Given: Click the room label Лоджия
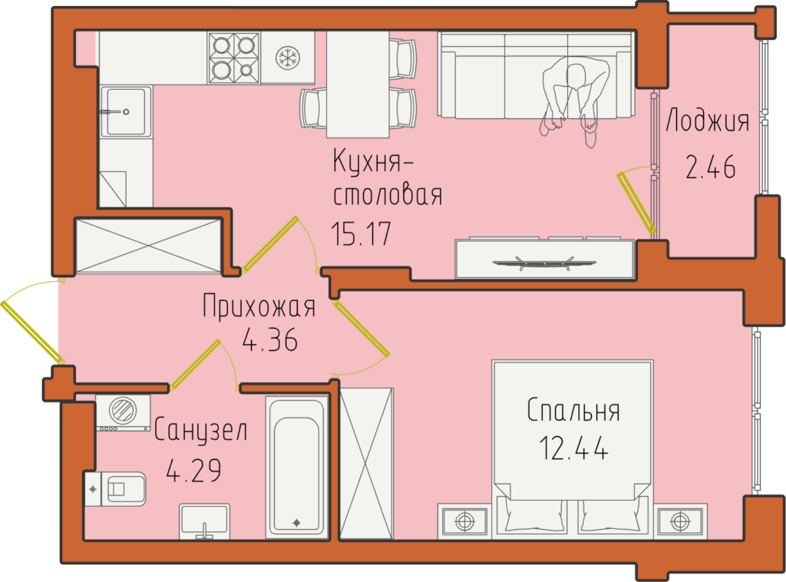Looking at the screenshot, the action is [x=707, y=121].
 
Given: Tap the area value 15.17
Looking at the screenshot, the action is [x=361, y=234].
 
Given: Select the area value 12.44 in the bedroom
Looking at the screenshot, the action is [x=574, y=448].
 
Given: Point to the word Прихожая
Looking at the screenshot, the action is [x=259, y=306].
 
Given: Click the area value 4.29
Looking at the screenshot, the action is [x=193, y=471].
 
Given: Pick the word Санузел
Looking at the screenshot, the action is [x=200, y=430].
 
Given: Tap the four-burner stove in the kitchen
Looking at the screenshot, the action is [x=233, y=57].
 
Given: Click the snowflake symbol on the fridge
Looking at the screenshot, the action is [x=288, y=57].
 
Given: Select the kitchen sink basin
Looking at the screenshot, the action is [x=126, y=112].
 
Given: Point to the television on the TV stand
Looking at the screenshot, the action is [x=544, y=263].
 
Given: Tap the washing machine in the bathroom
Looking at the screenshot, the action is [x=123, y=412].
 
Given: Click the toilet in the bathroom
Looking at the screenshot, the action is [x=115, y=488].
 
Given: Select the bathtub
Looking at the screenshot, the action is [x=296, y=466].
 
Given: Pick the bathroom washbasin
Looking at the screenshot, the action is [x=204, y=521].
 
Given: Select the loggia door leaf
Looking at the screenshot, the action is [x=636, y=203].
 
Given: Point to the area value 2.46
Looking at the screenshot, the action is [x=710, y=167].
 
